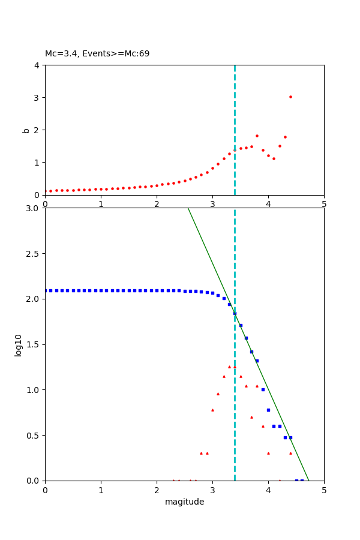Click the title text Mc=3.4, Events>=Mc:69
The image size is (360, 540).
[97, 54]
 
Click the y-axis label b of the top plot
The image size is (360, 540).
[26, 130]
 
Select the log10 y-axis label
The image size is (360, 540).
[19, 345]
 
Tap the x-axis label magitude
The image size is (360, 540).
[184, 502]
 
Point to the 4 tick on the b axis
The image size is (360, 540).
[37, 65]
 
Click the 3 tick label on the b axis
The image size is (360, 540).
[37, 97]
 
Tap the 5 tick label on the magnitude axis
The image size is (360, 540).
[324, 490]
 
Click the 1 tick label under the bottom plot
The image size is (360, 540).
[101, 490]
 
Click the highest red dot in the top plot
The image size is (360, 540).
[290, 97]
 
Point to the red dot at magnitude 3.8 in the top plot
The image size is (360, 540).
[257, 136]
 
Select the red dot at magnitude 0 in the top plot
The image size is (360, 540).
[46, 191]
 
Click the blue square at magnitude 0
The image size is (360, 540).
[46, 290]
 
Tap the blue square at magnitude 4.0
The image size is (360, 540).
[268, 410]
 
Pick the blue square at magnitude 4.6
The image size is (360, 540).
[302, 480]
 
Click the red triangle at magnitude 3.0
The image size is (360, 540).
[212, 410]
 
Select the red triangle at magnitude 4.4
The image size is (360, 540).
[290, 453]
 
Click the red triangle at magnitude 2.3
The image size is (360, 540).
[173, 480]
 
